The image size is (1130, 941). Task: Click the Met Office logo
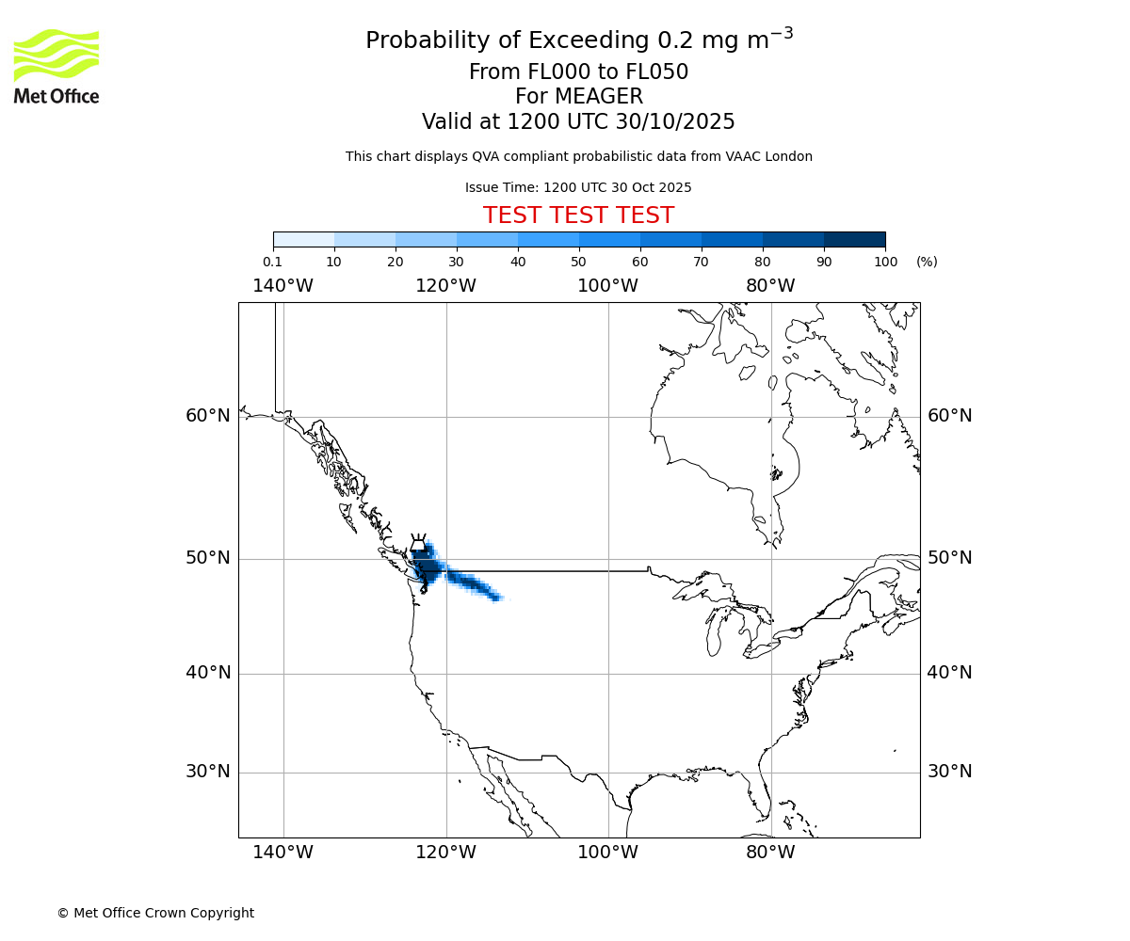coord(56,66)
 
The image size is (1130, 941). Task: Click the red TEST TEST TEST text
coord(578,215)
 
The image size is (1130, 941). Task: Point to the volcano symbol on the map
coord(418,544)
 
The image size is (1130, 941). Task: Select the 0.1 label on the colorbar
coord(272,262)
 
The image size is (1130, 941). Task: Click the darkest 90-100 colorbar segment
coord(854,239)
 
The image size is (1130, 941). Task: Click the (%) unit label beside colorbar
coord(927,262)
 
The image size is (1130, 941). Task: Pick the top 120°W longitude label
coord(445,286)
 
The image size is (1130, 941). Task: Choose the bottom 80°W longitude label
coord(770,853)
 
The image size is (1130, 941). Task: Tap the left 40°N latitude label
coord(208,673)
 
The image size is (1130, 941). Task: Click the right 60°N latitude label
coord(949,416)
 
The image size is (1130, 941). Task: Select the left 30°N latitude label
coord(208,772)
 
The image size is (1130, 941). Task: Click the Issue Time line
coord(578,187)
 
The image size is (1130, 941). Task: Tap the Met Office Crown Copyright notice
coord(155,913)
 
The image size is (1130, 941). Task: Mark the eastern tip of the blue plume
coord(502,598)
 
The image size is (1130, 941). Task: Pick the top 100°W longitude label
coord(607,286)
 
